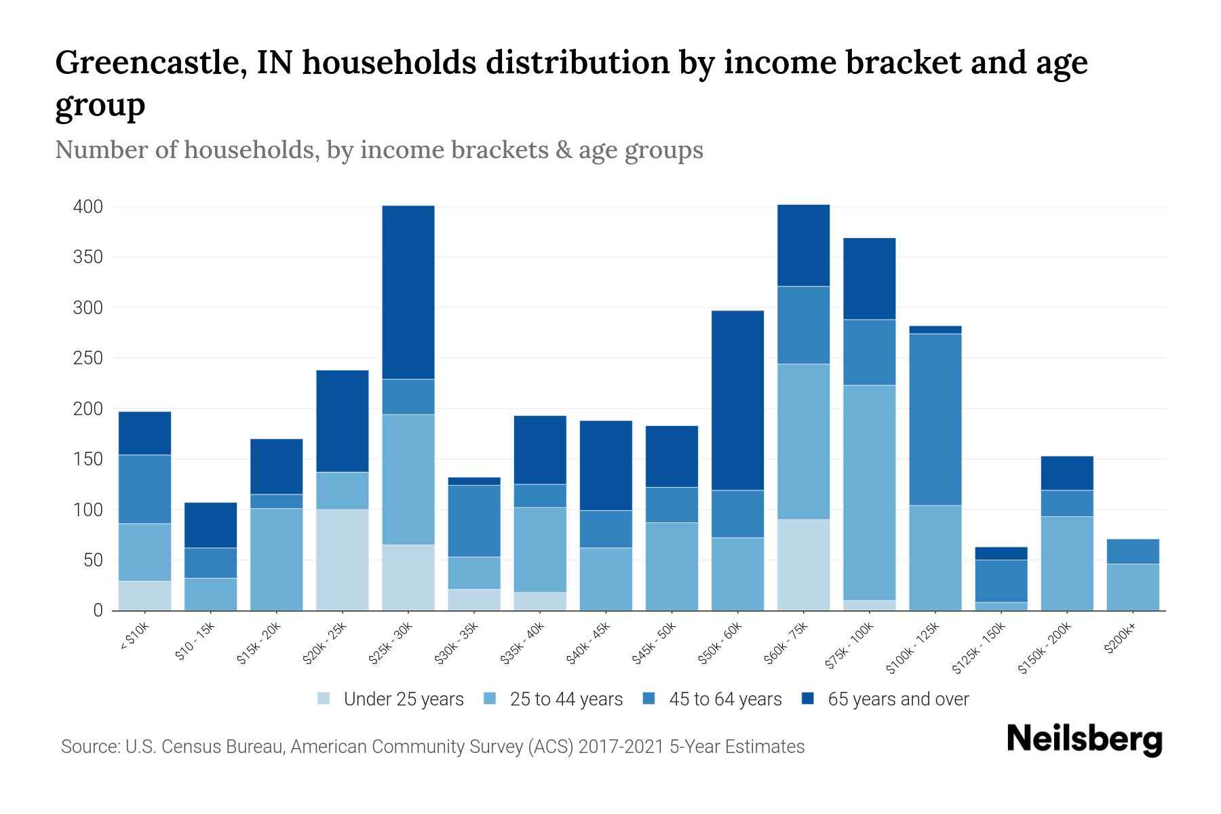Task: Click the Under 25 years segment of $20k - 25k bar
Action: click(x=343, y=560)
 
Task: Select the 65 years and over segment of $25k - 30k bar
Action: click(x=408, y=292)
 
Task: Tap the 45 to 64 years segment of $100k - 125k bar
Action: click(x=935, y=419)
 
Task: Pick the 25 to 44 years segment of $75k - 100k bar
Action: click(x=870, y=492)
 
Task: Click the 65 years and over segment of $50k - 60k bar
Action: click(x=738, y=400)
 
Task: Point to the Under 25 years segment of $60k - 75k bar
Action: click(x=804, y=564)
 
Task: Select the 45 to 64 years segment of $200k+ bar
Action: click(x=1133, y=551)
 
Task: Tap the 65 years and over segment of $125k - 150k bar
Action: click(x=1001, y=554)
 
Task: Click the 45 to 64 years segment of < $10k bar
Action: click(x=145, y=489)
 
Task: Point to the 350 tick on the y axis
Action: click(x=88, y=257)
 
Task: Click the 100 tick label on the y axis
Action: click(x=88, y=509)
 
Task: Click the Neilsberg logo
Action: click(x=1085, y=740)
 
